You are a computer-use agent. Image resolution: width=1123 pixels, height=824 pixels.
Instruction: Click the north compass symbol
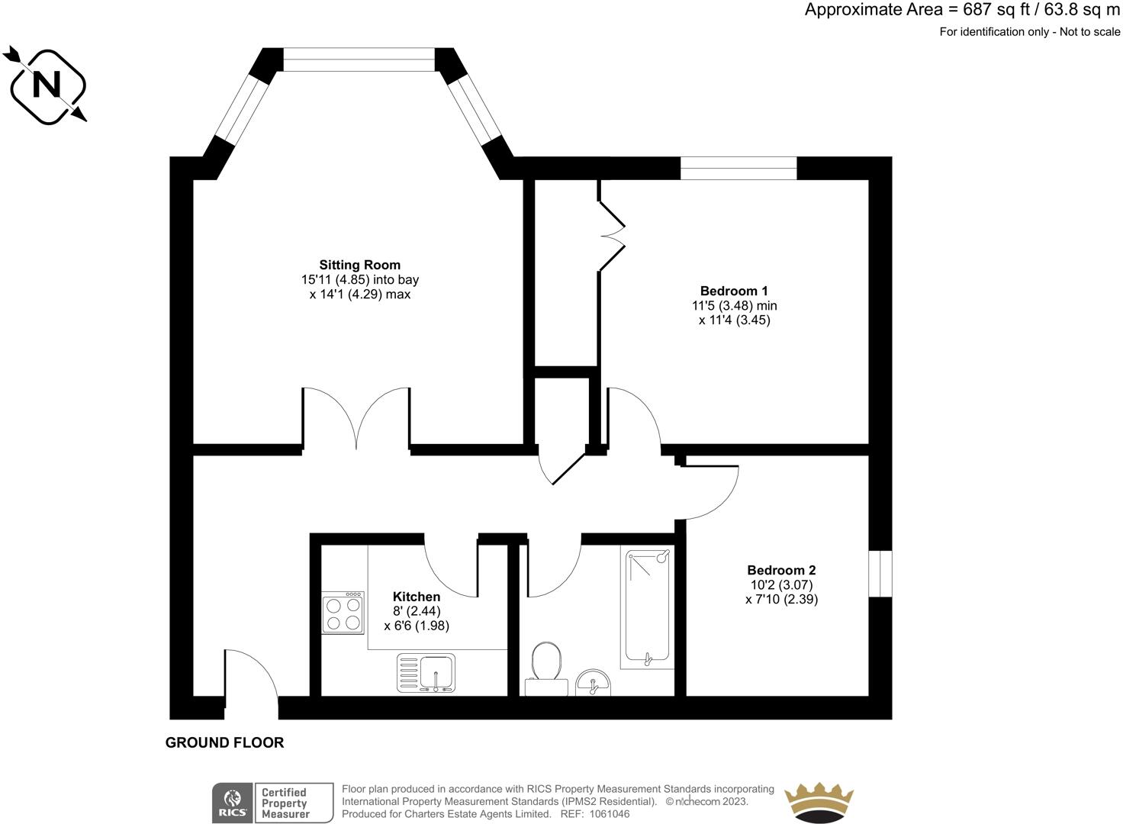(x=47, y=85)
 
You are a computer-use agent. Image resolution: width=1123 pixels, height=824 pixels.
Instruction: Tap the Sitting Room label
(x=359, y=266)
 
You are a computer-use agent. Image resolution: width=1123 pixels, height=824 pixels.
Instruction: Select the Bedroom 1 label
(x=733, y=291)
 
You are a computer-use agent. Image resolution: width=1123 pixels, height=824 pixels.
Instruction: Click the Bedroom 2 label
(x=780, y=570)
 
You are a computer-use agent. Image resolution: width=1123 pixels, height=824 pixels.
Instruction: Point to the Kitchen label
(x=416, y=597)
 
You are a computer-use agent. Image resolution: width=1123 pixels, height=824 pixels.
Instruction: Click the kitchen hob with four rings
(x=343, y=613)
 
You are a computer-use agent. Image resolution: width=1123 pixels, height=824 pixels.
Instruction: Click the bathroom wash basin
(x=593, y=681)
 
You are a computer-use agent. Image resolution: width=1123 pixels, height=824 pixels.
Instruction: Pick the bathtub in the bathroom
(x=648, y=606)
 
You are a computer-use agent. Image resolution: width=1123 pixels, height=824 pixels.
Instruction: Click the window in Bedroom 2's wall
(x=880, y=573)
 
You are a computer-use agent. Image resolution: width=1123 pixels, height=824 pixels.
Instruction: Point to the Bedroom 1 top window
(x=738, y=168)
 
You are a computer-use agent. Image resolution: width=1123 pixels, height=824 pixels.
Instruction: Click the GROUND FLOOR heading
(x=224, y=742)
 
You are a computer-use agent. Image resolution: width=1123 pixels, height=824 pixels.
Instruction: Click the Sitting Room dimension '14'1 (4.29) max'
(x=359, y=295)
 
